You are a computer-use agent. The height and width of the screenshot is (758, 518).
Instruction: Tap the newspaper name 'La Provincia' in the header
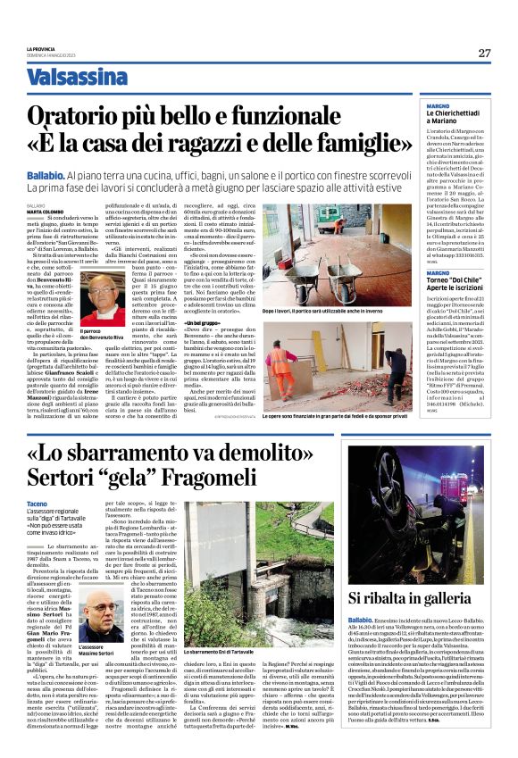43,47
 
